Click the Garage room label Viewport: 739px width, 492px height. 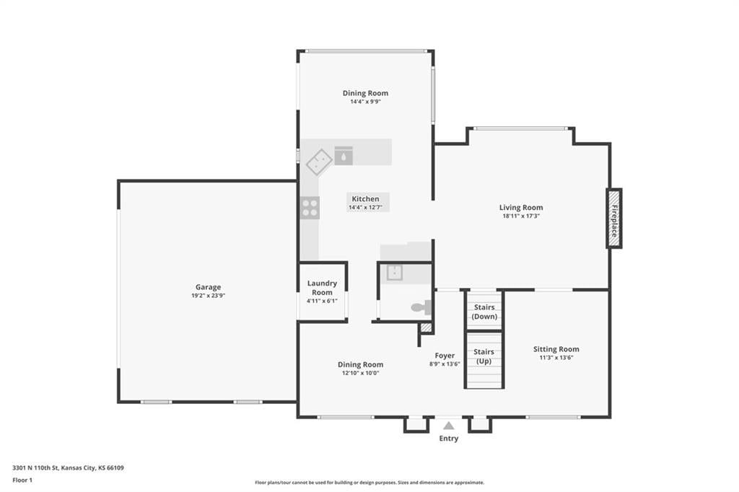click(x=208, y=287)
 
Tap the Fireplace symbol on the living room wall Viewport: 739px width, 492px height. click(x=613, y=218)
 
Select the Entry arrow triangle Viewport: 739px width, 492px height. click(x=449, y=426)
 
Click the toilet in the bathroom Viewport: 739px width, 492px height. click(x=421, y=308)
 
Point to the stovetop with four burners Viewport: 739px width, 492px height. click(x=310, y=208)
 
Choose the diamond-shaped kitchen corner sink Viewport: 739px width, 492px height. click(x=320, y=162)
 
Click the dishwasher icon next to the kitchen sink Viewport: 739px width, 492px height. click(x=344, y=156)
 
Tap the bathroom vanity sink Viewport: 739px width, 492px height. click(x=395, y=273)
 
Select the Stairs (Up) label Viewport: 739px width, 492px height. click(x=484, y=356)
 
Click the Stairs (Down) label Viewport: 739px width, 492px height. click(x=484, y=312)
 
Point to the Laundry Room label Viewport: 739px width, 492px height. click(x=322, y=287)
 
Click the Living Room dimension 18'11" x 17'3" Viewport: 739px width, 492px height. click(x=521, y=216)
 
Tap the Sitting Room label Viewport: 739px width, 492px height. click(x=556, y=349)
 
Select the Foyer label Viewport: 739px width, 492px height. click(x=445, y=356)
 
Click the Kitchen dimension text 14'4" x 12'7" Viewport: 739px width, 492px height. click(x=366, y=207)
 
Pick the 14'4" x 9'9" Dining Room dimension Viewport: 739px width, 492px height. click(x=365, y=101)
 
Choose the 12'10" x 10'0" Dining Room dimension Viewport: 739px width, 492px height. click(x=361, y=373)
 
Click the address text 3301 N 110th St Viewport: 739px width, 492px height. click(x=35, y=468)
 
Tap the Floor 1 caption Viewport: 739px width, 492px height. click(x=22, y=480)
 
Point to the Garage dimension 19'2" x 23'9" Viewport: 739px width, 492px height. click(x=208, y=296)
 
